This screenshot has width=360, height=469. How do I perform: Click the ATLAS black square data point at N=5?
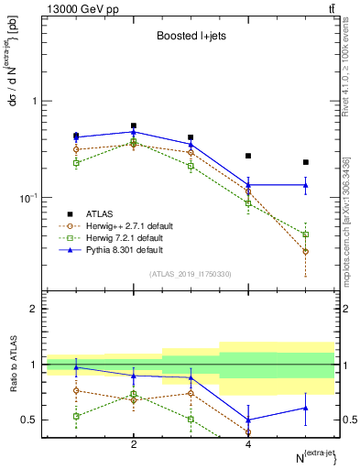point(306,162)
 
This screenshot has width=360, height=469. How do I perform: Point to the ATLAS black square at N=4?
point(248,156)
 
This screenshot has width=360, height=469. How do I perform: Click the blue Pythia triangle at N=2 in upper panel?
point(134,132)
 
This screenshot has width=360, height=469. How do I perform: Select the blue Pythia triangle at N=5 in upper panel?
point(306,185)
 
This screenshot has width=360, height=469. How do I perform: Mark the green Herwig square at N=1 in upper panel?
point(76,163)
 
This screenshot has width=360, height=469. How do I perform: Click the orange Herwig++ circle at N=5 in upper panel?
point(306,251)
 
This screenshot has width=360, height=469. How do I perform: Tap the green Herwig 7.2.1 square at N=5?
point(306,234)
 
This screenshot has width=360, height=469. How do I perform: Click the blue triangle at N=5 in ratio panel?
point(306,408)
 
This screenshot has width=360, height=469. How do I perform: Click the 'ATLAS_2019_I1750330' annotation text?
point(191,274)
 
